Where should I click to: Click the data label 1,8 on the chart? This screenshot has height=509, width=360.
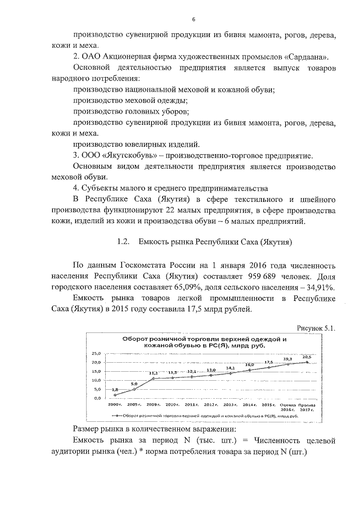[x=115, y=390]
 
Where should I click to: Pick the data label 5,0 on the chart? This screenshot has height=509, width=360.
[x=134, y=384]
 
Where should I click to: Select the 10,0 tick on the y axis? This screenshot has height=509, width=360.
[x=96, y=380]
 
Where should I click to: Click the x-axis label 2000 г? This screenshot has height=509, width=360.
[x=115, y=404]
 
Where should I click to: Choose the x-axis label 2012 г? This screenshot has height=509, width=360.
[x=211, y=404]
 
